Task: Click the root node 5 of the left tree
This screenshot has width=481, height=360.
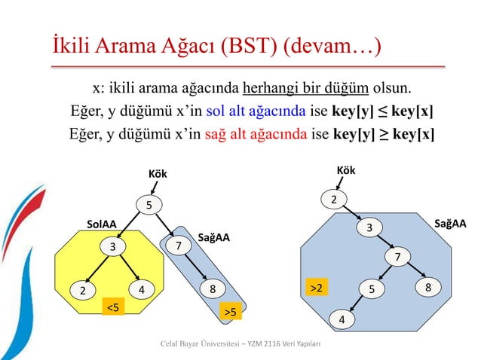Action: [x=149, y=205]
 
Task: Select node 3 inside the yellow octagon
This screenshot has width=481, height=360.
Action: [x=112, y=246]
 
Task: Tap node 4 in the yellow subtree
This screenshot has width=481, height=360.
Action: [x=141, y=289]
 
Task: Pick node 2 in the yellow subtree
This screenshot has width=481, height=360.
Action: [x=82, y=290]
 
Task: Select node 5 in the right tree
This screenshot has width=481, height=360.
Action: [x=371, y=288]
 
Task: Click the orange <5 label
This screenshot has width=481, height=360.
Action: [x=112, y=307]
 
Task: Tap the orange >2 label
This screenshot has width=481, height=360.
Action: [x=314, y=288]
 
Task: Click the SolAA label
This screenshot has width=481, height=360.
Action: [x=101, y=224]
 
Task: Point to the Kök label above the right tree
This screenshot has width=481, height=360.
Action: [x=345, y=171]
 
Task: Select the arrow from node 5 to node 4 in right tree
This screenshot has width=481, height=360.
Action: [x=357, y=304]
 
